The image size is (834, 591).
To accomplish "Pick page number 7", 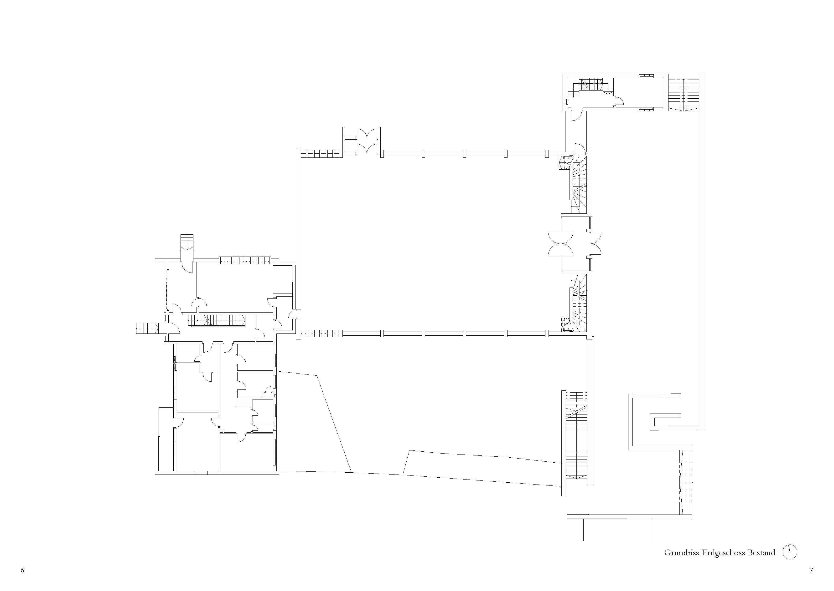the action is (x=811, y=570).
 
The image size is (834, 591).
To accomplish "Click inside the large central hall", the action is (x=430, y=244).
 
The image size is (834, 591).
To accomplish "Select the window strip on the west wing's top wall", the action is (x=244, y=260).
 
